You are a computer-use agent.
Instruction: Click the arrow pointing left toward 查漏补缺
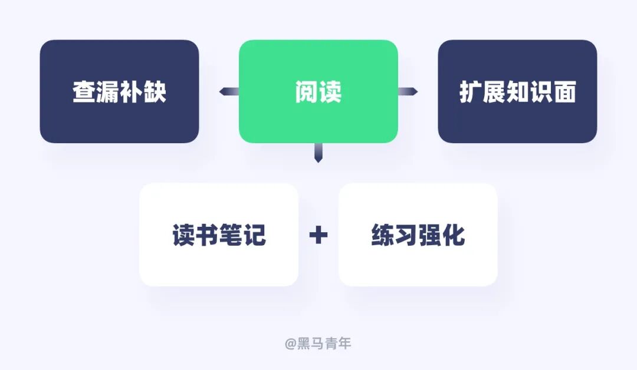pos(229,91)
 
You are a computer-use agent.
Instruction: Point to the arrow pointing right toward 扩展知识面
pos(408,91)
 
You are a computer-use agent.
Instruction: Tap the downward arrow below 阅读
pos(318,153)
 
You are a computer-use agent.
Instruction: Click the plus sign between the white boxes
pos(318,235)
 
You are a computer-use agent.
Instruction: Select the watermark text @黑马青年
pos(318,343)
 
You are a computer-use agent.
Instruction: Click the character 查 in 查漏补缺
pos(84,92)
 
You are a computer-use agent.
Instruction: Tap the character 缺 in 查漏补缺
pos(155,92)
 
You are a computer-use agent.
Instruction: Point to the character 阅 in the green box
pos(307,92)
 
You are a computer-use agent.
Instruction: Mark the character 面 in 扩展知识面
pos(564,92)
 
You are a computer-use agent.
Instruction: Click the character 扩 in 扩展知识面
pos(471,92)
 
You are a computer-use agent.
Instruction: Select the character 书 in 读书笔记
pos(207,235)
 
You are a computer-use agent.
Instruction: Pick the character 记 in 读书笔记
pos(254,235)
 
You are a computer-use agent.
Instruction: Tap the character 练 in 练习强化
pos(383,235)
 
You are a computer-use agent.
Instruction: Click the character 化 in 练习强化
pos(453,235)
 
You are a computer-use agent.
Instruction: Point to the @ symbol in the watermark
pos(290,343)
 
